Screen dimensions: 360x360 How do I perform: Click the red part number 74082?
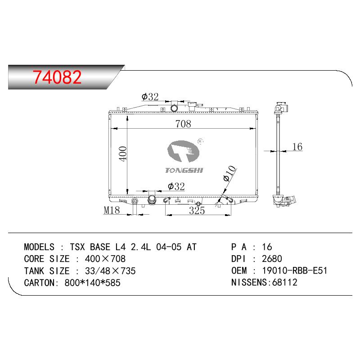point(57,77)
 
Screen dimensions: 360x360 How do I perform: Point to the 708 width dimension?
point(183,124)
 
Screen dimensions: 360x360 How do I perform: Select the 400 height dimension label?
point(123,153)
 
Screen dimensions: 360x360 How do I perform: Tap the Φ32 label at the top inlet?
point(150,97)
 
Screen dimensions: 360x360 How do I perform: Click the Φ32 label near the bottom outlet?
point(176,186)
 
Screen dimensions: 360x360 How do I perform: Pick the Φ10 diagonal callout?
point(229,173)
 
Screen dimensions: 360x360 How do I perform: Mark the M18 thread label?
point(112,210)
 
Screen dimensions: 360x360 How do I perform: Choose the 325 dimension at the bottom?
point(197,210)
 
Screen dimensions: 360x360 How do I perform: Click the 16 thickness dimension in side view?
point(297,147)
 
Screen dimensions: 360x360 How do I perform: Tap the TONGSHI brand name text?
point(184,170)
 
